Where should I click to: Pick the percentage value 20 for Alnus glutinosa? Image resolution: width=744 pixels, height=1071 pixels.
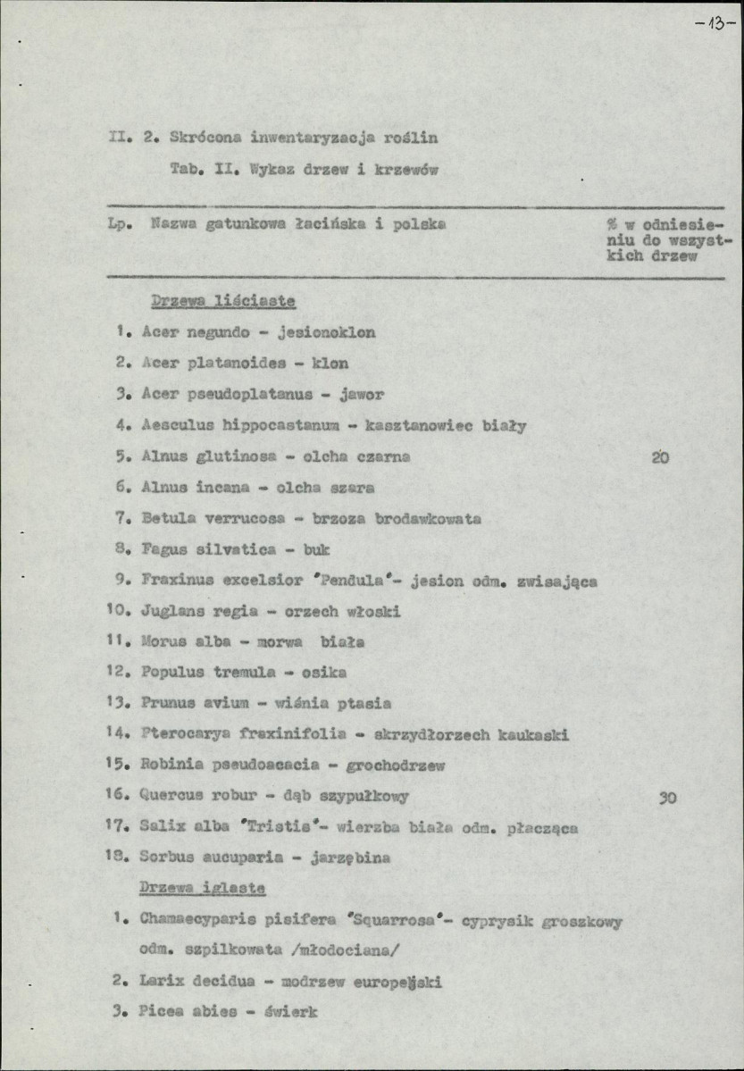[x=660, y=458]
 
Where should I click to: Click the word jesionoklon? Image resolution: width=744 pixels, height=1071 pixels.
[x=327, y=332]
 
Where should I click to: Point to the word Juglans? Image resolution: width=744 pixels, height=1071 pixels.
[x=172, y=612]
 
